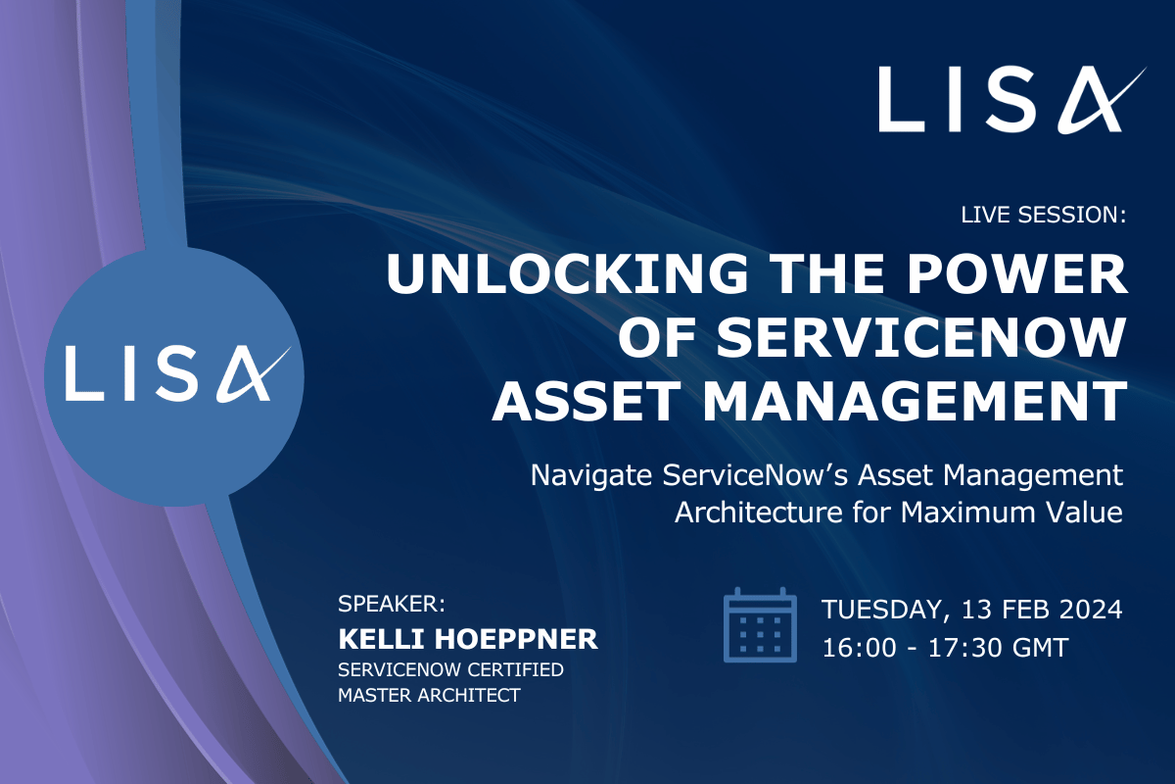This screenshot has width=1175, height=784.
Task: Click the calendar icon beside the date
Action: click(759, 625)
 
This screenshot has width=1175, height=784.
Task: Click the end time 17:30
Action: click(957, 648)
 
